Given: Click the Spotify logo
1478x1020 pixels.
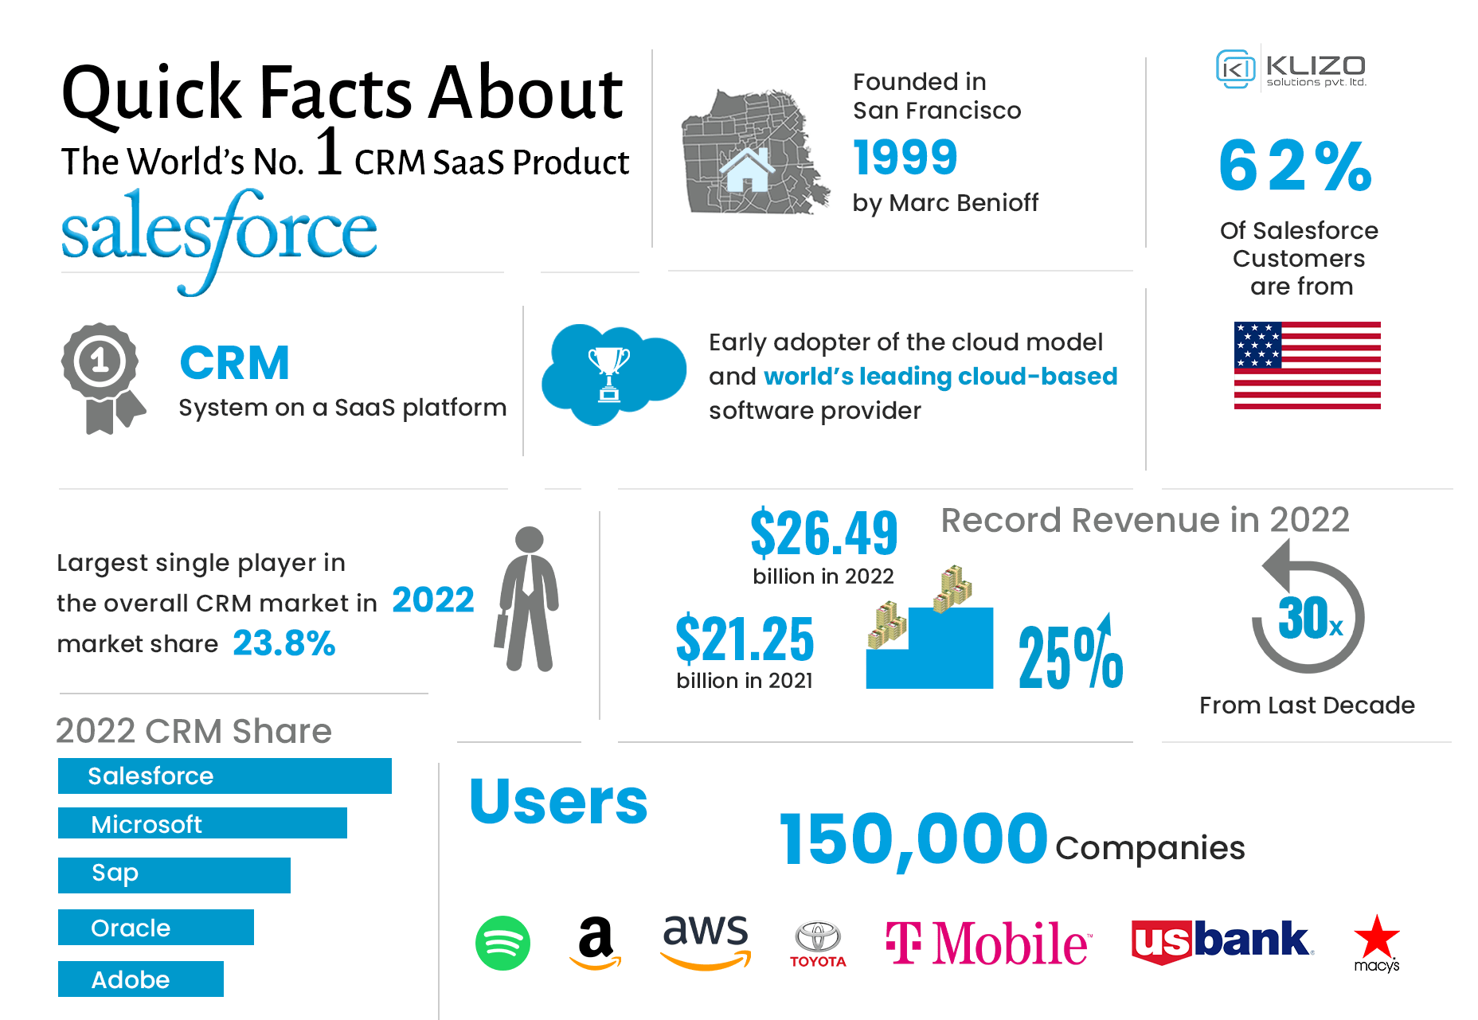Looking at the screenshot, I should [502, 944].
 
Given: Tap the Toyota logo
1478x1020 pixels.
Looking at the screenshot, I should [818, 944].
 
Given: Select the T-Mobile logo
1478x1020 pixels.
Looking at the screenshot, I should [987, 944].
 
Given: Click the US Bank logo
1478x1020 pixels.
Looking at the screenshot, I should [1222, 942].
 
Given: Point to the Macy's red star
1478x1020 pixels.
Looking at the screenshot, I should [1376, 937].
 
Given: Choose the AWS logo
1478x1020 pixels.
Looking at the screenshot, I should [706, 940].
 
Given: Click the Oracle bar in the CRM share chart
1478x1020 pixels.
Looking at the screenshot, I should [156, 928].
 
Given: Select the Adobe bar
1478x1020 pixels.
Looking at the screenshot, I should [141, 979].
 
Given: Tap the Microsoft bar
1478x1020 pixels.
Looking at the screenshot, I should [202, 823].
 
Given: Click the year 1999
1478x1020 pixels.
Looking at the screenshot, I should [905, 157].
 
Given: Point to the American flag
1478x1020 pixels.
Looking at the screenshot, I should [1307, 365].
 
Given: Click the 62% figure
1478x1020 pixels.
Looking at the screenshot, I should [1296, 166].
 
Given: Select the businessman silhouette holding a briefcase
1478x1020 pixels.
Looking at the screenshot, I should [528, 599].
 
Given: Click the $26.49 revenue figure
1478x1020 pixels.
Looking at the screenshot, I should [824, 533].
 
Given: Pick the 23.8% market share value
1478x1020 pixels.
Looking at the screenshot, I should [284, 643].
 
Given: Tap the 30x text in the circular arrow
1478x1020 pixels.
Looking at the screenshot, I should [1308, 619].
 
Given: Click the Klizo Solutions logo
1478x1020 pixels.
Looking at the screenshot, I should [1291, 69].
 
